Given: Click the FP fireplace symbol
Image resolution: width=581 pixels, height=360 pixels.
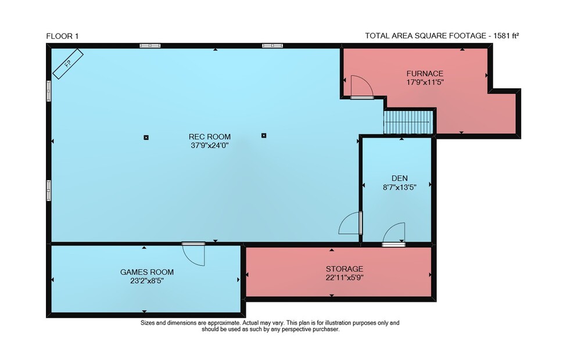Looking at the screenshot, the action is (68, 64).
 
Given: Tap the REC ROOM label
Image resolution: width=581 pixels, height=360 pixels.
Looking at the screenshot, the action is (210, 136).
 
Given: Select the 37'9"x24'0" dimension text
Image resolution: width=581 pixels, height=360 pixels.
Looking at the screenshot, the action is (210, 146).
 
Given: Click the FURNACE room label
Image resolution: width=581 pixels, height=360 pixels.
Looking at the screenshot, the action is (425, 74).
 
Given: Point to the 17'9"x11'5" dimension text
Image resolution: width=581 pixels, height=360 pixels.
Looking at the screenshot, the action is (425, 82).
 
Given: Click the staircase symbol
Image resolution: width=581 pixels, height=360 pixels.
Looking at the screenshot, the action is (408, 121).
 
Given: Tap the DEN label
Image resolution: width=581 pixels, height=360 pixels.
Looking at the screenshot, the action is (400, 178).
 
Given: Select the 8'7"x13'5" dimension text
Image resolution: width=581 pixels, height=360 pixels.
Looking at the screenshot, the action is (400, 188).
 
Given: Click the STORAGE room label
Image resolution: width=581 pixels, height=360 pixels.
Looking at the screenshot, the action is (345, 269).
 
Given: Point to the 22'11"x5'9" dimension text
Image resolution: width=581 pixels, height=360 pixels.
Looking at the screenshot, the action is (345, 278).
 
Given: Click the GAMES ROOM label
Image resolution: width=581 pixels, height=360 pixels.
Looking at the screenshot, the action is (147, 272).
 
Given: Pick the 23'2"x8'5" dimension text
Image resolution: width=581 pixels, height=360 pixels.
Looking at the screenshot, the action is (147, 281).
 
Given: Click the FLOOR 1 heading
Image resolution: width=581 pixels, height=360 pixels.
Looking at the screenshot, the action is (62, 37).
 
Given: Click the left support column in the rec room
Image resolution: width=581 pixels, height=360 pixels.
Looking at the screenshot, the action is (146, 138).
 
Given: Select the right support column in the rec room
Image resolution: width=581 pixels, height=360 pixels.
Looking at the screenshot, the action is (264, 135).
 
